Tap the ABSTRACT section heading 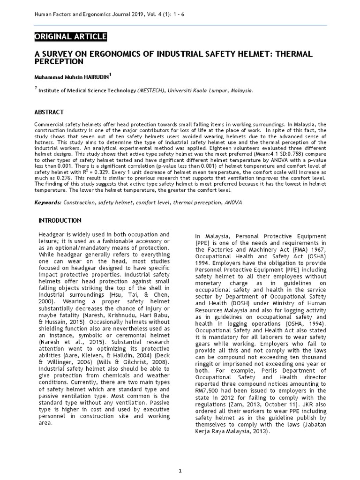[49, 112]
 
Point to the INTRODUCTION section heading [60, 220]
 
